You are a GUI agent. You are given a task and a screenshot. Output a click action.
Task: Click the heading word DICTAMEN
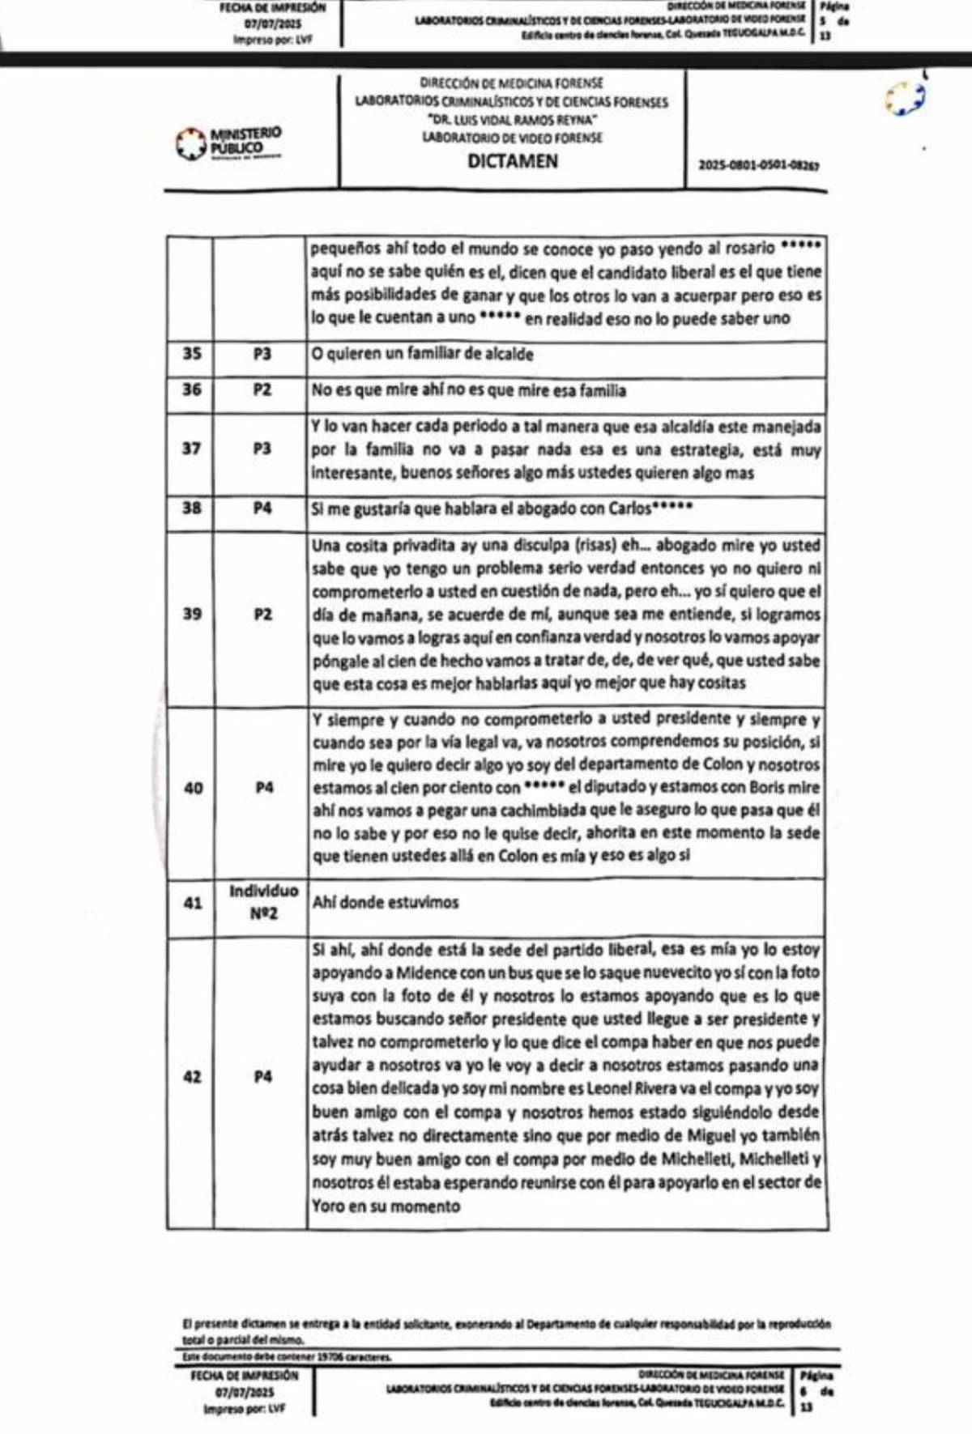(x=513, y=161)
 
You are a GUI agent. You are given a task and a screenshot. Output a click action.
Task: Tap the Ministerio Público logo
(x=229, y=143)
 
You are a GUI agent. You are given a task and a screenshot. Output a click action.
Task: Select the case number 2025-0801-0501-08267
(x=758, y=165)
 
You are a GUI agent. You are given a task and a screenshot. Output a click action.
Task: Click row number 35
(x=191, y=354)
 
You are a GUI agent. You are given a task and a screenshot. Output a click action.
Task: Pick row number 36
(x=191, y=389)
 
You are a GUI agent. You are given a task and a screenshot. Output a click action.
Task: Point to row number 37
(x=191, y=449)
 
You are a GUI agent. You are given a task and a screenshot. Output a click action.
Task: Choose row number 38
(x=191, y=508)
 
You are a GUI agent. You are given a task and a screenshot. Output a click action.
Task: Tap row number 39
(x=192, y=614)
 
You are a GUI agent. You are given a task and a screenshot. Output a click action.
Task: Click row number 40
(x=193, y=787)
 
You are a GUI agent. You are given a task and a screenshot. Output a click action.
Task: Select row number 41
(x=193, y=902)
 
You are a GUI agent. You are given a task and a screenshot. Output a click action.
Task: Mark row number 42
(x=192, y=1077)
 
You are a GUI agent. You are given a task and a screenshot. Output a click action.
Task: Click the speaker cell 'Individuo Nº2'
(x=262, y=901)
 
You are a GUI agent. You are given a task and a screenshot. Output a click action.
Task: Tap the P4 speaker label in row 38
(x=262, y=508)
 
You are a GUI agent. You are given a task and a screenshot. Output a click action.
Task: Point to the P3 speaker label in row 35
(x=262, y=354)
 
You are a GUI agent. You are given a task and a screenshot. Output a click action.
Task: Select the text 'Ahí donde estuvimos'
(x=386, y=902)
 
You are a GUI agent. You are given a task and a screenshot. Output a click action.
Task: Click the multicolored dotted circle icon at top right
(x=906, y=98)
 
